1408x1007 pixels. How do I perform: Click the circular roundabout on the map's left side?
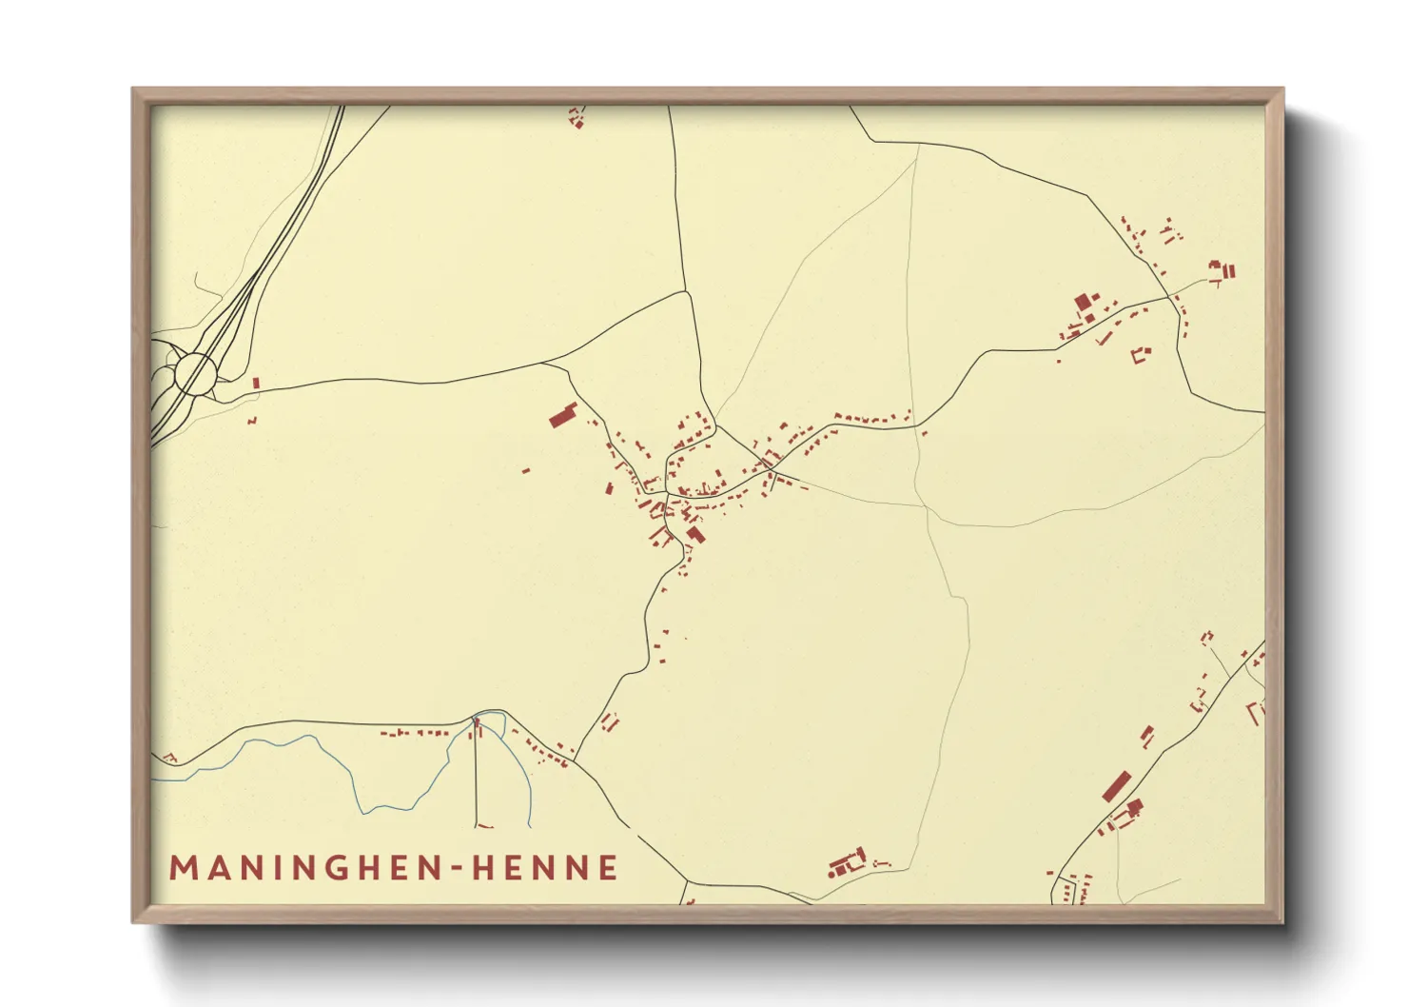(x=195, y=372)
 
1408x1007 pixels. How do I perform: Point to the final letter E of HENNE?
(x=608, y=868)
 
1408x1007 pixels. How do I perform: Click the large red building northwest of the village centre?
(x=563, y=416)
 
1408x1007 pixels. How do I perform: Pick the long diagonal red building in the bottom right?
(x=1116, y=786)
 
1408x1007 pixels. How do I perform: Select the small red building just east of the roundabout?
(x=256, y=383)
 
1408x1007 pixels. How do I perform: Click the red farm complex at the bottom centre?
(x=846, y=863)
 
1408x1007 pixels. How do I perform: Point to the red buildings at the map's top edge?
(x=576, y=118)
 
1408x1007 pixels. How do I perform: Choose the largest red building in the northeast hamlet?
(x=1083, y=304)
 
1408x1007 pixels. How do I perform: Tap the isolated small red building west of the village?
(x=526, y=469)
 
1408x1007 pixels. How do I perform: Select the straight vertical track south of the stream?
(x=476, y=776)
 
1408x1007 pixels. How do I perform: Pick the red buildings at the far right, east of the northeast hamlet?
(x=1222, y=271)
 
